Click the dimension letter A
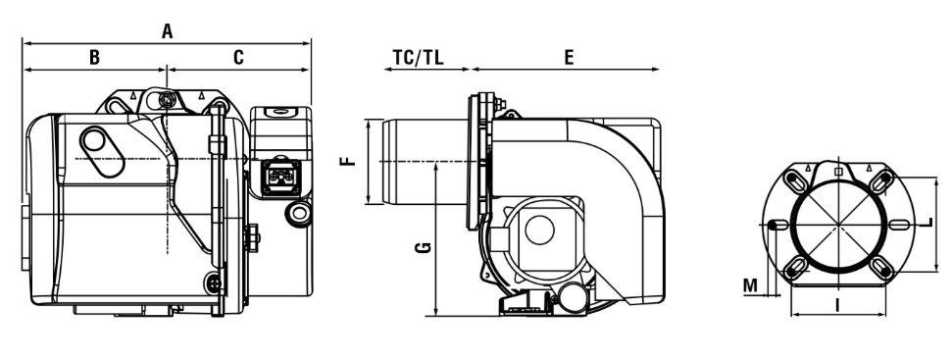click(x=167, y=31)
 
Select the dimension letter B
click(x=94, y=58)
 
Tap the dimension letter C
click(x=238, y=58)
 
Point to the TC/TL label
click(x=419, y=58)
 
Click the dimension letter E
click(x=569, y=58)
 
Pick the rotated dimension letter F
click(x=348, y=162)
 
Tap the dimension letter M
click(x=751, y=285)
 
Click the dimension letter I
click(x=838, y=305)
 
